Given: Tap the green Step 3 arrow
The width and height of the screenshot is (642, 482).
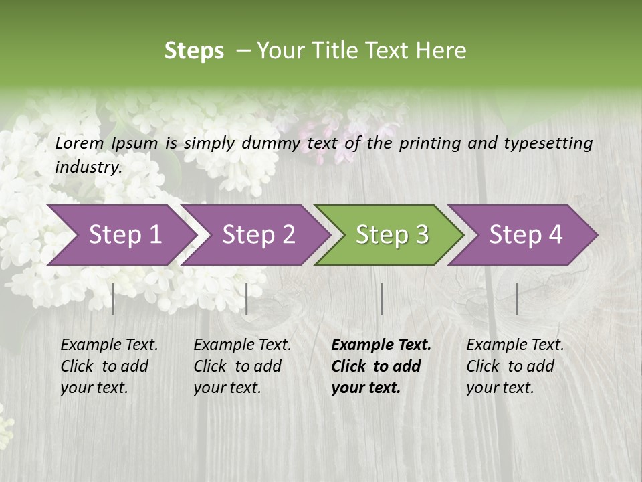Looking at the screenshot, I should pyautogui.click(x=392, y=235).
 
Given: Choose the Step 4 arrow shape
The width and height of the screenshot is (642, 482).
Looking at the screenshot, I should pyautogui.click(x=526, y=235).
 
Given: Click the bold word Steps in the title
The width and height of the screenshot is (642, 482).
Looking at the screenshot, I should pyautogui.click(x=194, y=51).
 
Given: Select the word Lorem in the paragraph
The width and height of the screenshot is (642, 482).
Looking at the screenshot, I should pyautogui.click(x=80, y=143).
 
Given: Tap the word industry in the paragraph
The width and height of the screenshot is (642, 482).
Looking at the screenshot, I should pyautogui.click(x=88, y=167).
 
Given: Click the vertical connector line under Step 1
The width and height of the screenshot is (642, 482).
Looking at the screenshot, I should pyautogui.click(x=113, y=299).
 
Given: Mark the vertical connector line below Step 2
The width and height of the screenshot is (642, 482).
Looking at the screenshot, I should pyautogui.click(x=247, y=299).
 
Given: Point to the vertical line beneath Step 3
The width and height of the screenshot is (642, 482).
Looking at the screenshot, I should pyautogui.click(x=382, y=299).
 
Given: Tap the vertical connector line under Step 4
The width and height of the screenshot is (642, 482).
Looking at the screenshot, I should pyautogui.click(x=517, y=299).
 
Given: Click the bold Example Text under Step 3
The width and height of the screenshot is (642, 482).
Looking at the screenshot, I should pyautogui.click(x=381, y=345).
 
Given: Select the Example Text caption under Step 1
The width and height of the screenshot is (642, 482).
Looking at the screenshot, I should pyautogui.click(x=109, y=345).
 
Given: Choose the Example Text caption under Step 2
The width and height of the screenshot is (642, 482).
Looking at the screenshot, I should pyautogui.click(x=242, y=345).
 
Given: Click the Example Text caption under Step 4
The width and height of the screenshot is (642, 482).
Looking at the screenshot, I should pyautogui.click(x=515, y=345).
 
